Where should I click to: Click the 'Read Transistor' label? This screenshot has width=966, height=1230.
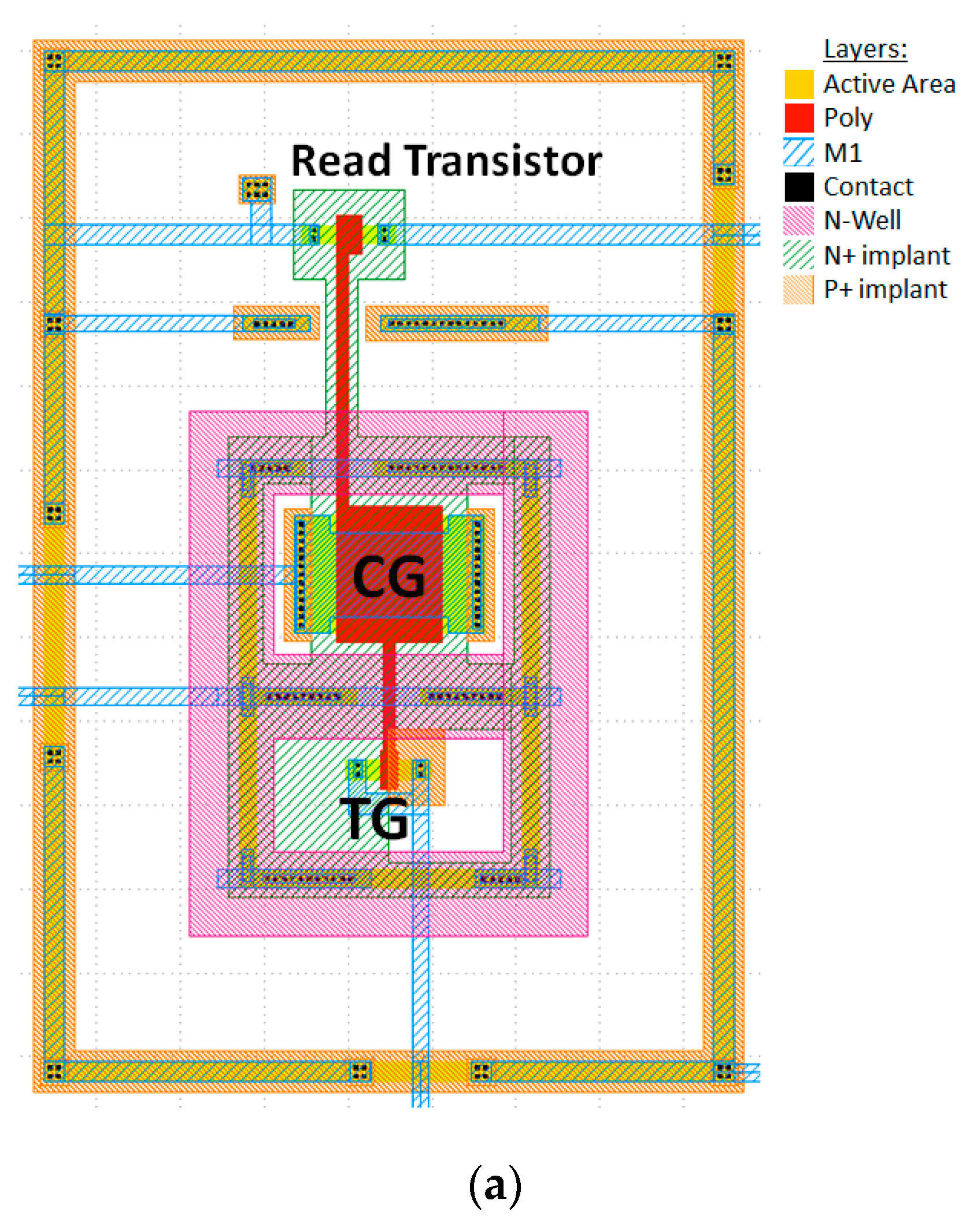click(446, 161)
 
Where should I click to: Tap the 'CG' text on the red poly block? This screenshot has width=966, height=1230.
click(388, 577)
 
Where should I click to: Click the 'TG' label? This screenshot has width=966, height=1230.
click(375, 818)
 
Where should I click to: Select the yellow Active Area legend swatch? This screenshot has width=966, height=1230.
click(798, 84)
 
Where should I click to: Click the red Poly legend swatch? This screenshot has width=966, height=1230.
click(798, 118)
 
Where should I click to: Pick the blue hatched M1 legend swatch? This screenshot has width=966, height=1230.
click(798, 153)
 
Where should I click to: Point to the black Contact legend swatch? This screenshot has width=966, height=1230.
click(798, 187)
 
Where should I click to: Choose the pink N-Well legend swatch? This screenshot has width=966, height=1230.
click(798, 221)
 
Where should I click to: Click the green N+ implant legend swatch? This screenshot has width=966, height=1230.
click(798, 255)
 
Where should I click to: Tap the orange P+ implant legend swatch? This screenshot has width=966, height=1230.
click(798, 289)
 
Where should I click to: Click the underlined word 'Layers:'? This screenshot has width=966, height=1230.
click(865, 49)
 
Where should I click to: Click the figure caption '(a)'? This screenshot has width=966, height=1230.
click(495, 1185)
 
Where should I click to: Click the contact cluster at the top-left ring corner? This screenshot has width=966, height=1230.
click(54, 60)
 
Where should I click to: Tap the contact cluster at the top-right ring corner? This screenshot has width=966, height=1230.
click(724, 60)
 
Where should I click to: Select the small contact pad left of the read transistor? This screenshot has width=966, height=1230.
click(257, 189)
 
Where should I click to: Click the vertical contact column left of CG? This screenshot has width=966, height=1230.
click(300, 575)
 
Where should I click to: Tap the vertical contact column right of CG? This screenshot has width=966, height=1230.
click(478, 575)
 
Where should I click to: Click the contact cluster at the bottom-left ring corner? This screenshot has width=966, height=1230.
click(54, 1071)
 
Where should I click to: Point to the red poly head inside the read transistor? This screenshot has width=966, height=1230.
click(349, 234)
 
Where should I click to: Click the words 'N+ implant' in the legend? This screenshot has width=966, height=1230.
click(886, 255)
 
